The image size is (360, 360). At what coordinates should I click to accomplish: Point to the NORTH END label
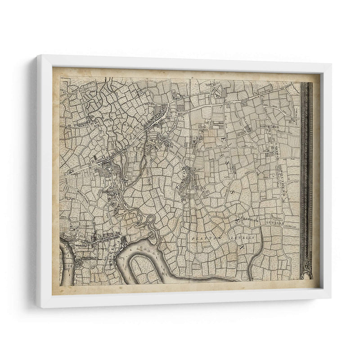[270, 127]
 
